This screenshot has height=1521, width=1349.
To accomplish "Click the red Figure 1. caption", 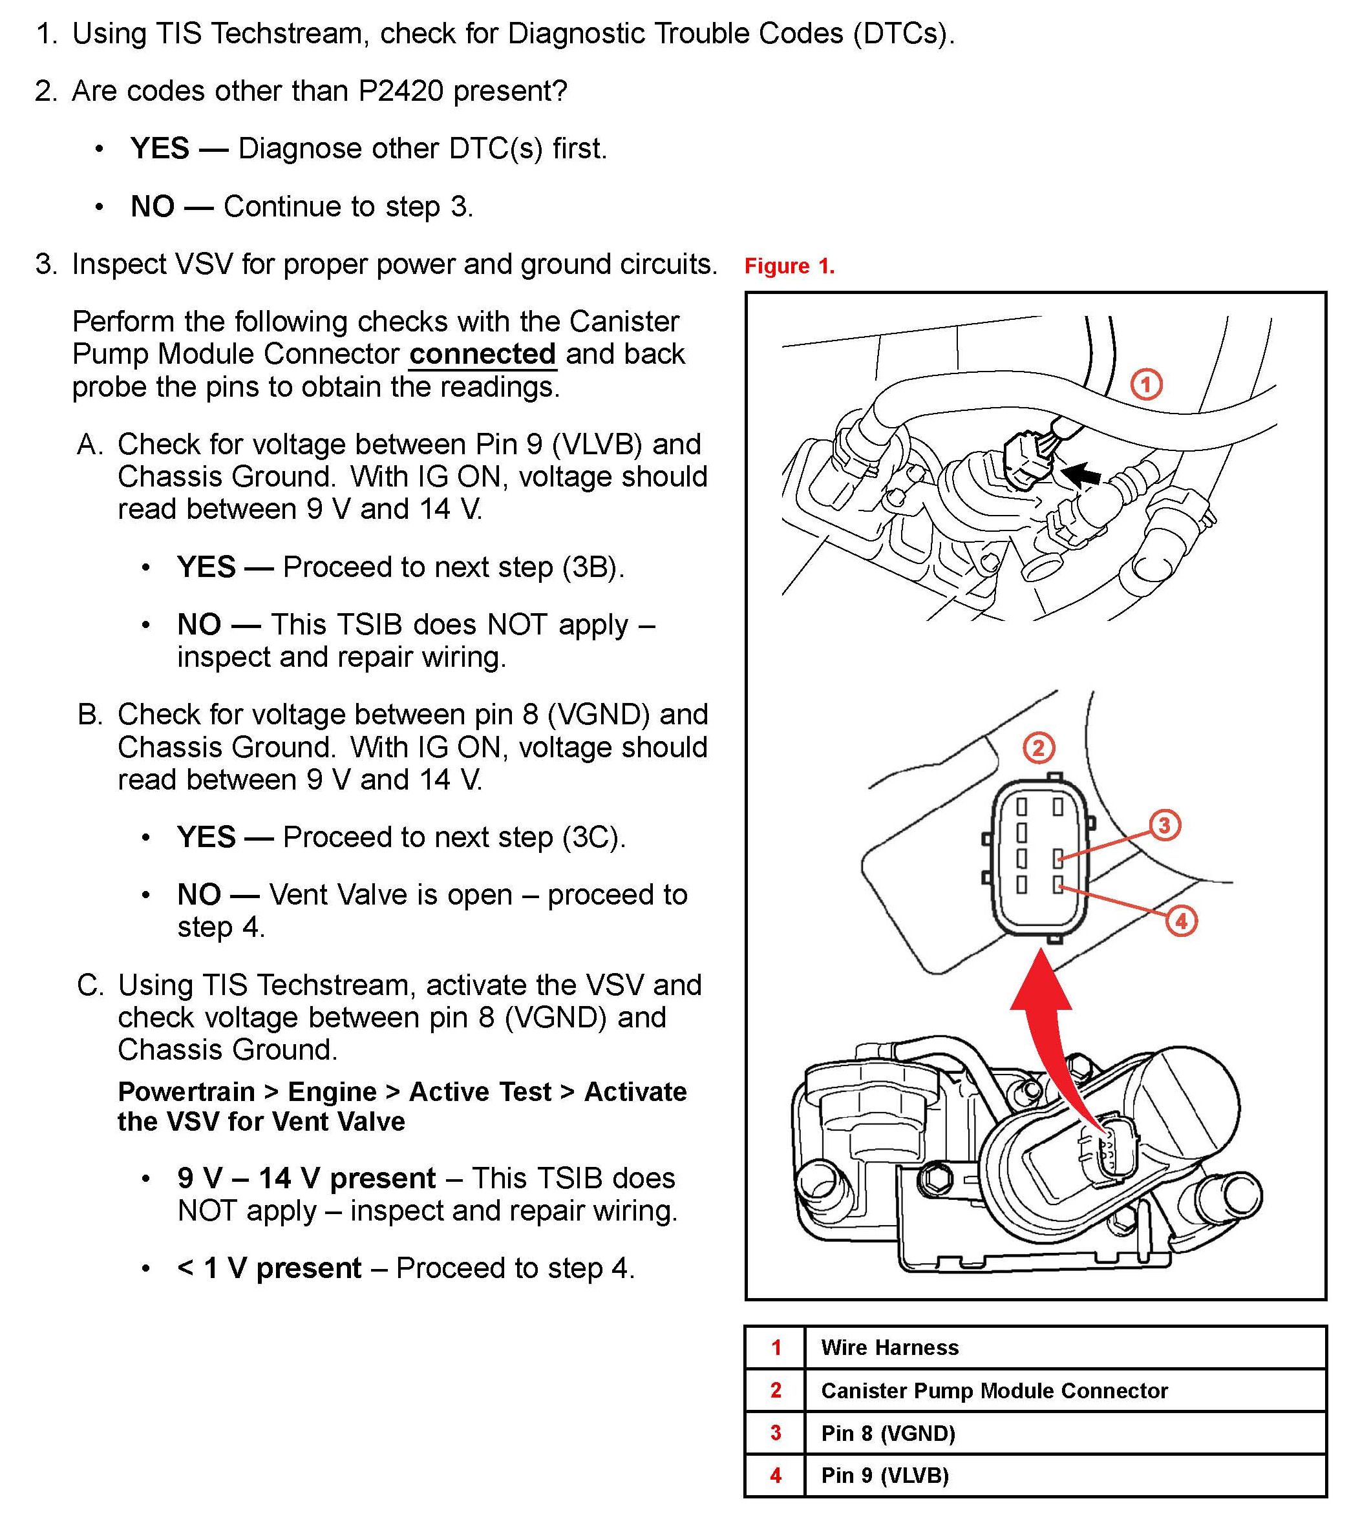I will coord(789,266).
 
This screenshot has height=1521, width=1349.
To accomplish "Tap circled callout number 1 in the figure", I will coord(1146,384).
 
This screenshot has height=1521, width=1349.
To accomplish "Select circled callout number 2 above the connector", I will coord(1039,747).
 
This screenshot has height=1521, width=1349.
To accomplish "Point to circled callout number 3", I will coord(1164,824).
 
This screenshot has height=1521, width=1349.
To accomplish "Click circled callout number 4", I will coord(1181,921).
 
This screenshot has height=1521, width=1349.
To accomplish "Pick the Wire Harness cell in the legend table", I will coord(889,1348).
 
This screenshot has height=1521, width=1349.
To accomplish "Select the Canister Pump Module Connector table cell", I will coord(994,1390).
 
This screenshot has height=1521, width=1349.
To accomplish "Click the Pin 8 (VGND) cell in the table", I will coord(887,1432).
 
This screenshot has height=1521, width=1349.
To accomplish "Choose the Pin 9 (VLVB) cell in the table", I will coord(884,1475).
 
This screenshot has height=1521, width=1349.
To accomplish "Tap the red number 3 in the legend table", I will coord(776,1432).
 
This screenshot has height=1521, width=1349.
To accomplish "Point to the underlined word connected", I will coord(482,354).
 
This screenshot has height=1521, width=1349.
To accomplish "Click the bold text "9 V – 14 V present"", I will coord(306,1178).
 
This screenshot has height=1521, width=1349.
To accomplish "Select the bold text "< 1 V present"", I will coord(269,1268).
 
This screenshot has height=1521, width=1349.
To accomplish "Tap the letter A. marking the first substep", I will coord(89,445).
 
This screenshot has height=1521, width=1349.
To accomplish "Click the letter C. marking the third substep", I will coord(90,985).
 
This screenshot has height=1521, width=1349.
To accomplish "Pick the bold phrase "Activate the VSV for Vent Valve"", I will coord(402,1107).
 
